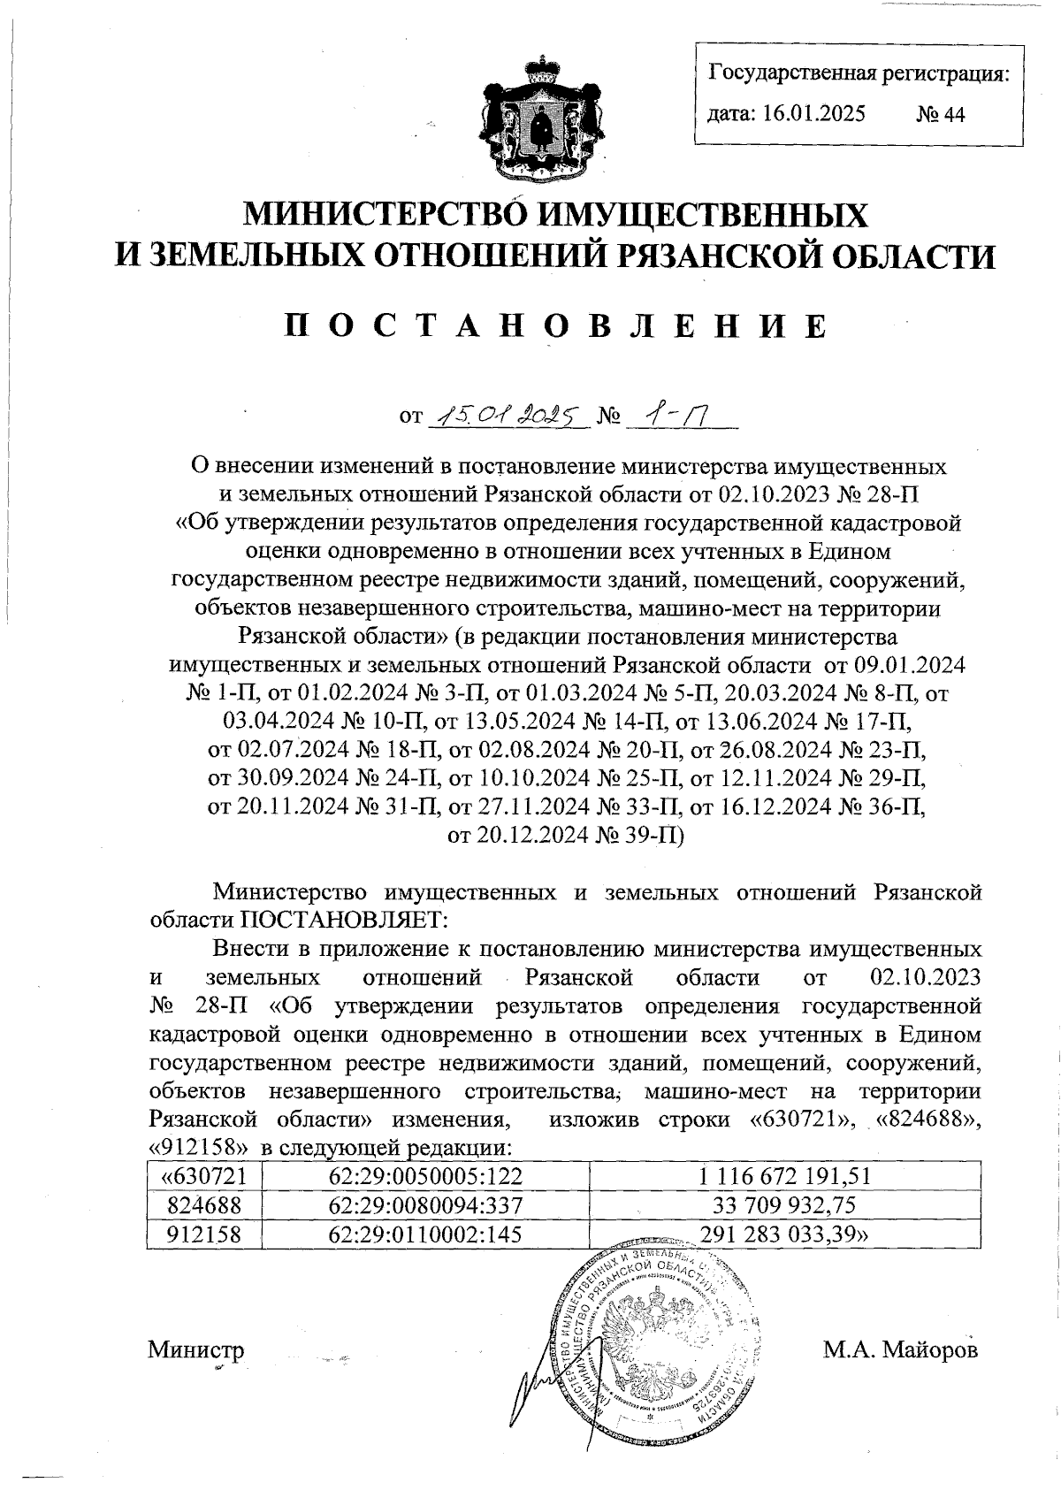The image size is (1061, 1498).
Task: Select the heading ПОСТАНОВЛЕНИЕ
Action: click(x=556, y=325)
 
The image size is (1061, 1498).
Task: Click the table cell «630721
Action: click(x=204, y=1176)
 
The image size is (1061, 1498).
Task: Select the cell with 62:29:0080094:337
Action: click(x=425, y=1205)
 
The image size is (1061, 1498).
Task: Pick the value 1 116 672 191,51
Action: click(x=784, y=1176)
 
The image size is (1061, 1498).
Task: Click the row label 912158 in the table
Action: click(x=204, y=1234)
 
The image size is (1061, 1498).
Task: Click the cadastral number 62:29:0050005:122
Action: click(x=425, y=1176)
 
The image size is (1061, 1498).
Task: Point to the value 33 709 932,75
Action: click(x=784, y=1205)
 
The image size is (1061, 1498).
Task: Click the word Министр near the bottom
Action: click(x=195, y=1350)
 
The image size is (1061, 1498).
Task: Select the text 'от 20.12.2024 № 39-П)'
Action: click(x=567, y=835)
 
